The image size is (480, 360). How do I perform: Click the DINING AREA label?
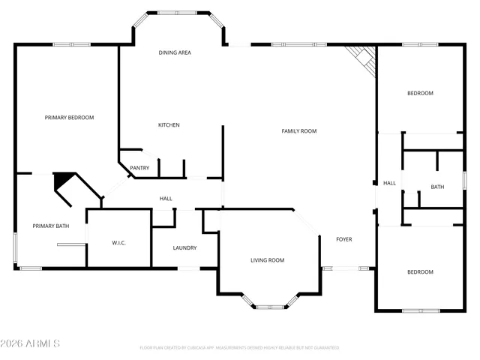click(x=174, y=52)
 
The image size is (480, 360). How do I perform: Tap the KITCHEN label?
click(x=168, y=124)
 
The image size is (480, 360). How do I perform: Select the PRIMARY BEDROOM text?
click(x=69, y=118)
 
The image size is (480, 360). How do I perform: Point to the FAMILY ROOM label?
click(x=298, y=131)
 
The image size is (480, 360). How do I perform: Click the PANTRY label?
click(x=139, y=168)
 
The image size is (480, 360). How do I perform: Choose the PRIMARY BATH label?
click(x=51, y=226)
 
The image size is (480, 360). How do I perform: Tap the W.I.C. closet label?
click(x=118, y=242)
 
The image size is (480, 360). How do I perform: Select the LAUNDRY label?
click(x=184, y=247)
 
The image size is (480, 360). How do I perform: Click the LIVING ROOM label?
click(x=267, y=260)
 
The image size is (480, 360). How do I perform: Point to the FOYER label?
click(x=343, y=239)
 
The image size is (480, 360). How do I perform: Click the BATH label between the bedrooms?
click(x=437, y=187)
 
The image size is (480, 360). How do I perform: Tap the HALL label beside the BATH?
click(x=389, y=183)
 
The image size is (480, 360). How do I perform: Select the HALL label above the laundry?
click(x=166, y=199)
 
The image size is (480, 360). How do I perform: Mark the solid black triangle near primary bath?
click(x=63, y=181)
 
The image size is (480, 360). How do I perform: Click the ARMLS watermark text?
click(x=31, y=343)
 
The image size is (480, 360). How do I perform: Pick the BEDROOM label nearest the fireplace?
click(x=420, y=93)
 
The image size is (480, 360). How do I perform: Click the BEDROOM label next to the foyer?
click(x=420, y=272)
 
